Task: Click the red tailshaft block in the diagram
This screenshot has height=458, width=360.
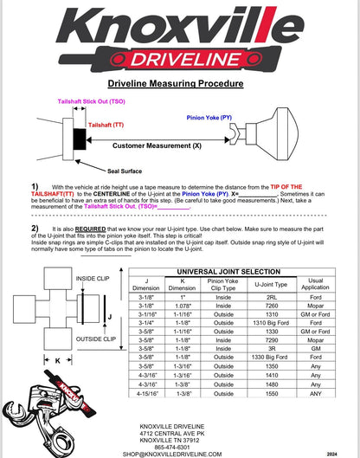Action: [x=80, y=137]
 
